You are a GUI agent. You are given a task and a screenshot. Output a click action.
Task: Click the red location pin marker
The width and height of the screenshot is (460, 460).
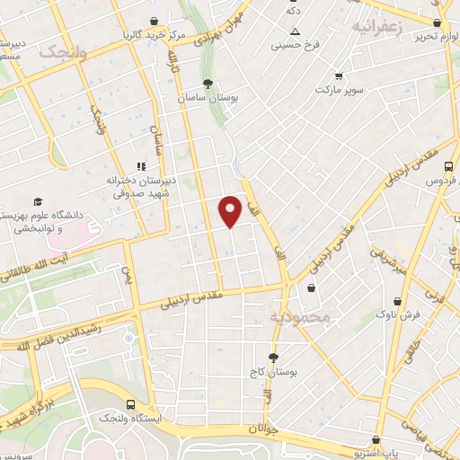[x=232, y=211]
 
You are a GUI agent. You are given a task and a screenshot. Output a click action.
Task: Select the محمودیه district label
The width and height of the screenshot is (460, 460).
[x=300, y=317]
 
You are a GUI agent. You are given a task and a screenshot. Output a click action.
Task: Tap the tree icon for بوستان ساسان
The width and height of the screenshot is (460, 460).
[x=208, y=84]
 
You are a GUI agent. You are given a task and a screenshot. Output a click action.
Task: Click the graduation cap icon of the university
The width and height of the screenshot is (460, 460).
[x=38, y=201]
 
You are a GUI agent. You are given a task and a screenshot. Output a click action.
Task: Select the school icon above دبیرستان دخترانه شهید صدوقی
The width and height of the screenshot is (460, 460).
[x=139, y=165]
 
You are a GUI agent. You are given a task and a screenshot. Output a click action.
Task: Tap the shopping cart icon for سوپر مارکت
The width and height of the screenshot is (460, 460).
[x=338, y=76]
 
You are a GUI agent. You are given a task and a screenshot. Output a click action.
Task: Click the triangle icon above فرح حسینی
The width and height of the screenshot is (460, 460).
[x=294, y=31]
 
